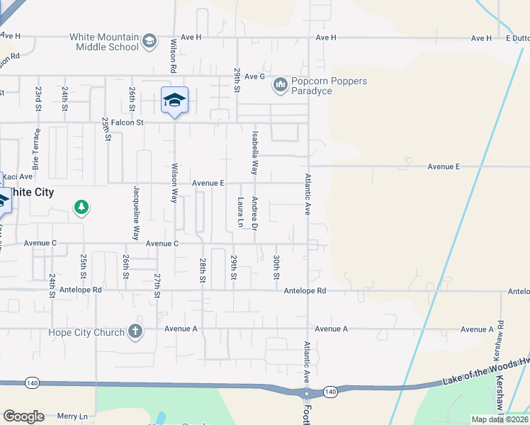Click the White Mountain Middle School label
pyautogui.click(x=103, y=42)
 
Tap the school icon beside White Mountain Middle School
pyautogui.click(x=149, y=42)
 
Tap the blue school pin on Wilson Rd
pyautogui.click(x=174, y=101)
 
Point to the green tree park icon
pyautogui.click(x=82, y=208)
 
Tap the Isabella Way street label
pyautogui.click(x=254, y=152)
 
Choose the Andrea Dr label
pyautogui.click(x=254, y=212)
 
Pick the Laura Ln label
pyautogui.click(x=241, y=212)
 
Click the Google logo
pyautogui.click(x=23, y=416)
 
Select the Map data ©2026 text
pyautogui.click(x=500, y=419)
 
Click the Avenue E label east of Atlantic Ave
pyautogui.click(x=444, y=166)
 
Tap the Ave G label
pyautogui.click(x=252, y=76)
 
